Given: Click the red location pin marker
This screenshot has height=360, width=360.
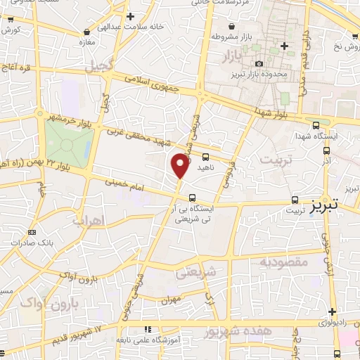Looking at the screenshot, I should click(x=180, y=167).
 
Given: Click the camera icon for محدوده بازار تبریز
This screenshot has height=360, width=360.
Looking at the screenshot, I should click(x=258, y=64).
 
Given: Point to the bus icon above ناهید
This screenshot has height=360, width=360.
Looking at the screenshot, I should click(x=205, y=157).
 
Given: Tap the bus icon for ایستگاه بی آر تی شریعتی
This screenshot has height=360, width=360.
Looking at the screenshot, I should click(x=192, y=198).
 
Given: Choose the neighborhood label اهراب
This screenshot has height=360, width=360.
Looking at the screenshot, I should click(x=89, y=221).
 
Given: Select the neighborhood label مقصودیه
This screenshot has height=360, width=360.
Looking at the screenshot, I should click(x=265, y=262).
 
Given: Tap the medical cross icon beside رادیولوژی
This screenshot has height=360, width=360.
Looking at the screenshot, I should click(x=332, y=311).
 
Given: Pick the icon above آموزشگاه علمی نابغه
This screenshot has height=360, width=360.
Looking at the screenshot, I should click(x=147, y=329).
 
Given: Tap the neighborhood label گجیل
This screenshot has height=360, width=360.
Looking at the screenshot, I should click(x=100, y=67).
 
